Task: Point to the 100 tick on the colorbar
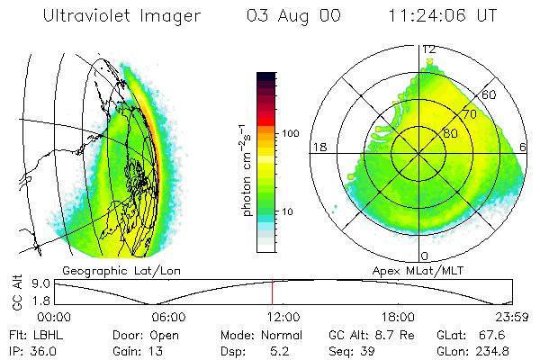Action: tap(292, 133)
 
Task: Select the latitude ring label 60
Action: tap(490, 94)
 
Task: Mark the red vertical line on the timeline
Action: tap(272, 292)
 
